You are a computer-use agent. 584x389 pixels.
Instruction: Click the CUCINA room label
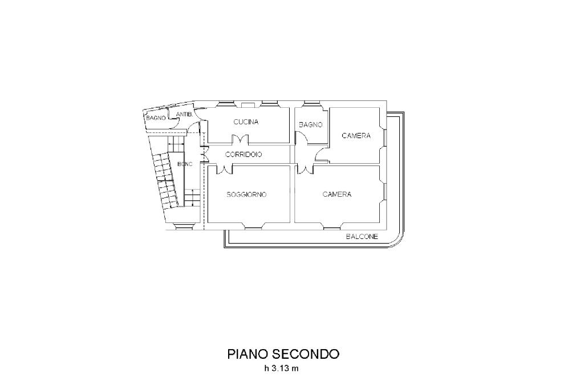pos(246,122)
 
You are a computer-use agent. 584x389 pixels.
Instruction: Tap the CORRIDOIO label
pos(244,155)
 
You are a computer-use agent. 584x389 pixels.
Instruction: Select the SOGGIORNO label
pos(246,195)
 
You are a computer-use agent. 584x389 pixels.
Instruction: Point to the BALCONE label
pos(362,237)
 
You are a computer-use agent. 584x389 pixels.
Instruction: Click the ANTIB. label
pos(183,115)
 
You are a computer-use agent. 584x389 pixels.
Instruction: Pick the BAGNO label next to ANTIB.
pos(156,118)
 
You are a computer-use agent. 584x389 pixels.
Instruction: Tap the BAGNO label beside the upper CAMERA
pos(311,124)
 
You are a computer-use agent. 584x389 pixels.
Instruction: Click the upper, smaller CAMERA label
pos(356,136)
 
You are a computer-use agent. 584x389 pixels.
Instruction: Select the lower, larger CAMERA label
pos(337,195)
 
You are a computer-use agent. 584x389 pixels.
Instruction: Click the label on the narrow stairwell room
pos(185,164)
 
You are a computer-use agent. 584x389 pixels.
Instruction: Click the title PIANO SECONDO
pos(283,354)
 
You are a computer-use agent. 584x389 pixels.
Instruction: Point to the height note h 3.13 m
pos(281,368)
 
